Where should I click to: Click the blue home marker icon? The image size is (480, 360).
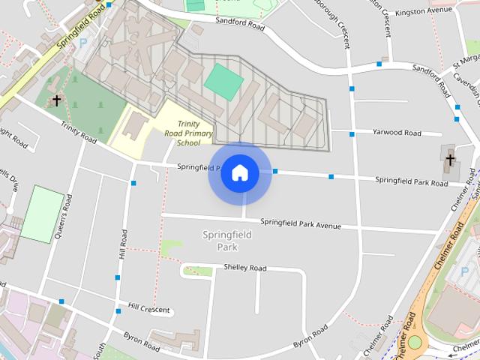240,173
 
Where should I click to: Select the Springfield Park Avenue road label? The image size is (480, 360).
300,223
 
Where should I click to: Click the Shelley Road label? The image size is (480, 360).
244,268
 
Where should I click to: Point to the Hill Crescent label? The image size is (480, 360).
148,308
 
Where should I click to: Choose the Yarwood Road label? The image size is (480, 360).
397,133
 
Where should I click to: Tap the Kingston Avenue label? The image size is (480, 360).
428,12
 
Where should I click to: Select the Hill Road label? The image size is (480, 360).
123,244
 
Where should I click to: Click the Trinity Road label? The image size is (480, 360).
79,133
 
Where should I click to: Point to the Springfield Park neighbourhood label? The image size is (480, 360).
227,241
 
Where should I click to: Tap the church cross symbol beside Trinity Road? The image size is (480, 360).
56,100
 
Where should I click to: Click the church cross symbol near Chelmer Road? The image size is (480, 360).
450,159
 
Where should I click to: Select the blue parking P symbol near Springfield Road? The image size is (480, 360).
82,43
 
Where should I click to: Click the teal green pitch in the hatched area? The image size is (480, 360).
223,82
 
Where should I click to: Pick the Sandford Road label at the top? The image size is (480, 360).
240,25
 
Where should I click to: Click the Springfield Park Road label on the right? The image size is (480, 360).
411,181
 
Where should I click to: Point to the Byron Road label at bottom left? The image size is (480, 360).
142,342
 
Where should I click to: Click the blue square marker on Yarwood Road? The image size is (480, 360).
352,134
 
